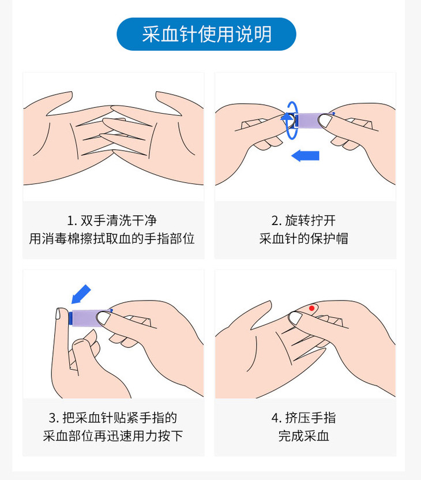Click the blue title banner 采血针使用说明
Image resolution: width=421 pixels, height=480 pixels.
click(x=206, y=34)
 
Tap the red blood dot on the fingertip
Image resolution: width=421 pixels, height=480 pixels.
click(x=311, y=308)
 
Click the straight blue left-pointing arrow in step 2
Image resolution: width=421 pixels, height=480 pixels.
click(x=305, y=156)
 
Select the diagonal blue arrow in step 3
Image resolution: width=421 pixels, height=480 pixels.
click(x=81, y=294)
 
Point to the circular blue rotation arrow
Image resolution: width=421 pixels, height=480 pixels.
click(x=292, y=121)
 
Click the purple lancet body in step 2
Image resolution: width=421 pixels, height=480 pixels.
click(x=309, y=121)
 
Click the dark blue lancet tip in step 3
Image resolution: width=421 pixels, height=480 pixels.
click(x=71, y=318)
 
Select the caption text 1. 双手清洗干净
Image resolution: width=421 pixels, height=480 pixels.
click(x=112, y=220)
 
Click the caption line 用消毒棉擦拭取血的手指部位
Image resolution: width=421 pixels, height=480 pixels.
click(x=112, y=238)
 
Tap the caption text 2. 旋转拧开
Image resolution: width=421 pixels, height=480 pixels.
click(x=303, y=220)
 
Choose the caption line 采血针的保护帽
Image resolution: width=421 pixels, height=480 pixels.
click(x=303, y=238)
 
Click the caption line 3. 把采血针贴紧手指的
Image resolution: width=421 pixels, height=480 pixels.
click(x=113, y=418)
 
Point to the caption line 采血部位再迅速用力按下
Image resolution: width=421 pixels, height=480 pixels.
click(x=113, y=436)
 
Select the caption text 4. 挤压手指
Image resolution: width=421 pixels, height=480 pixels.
click(x=303, y=418)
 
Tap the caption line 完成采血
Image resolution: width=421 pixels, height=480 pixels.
click(x=303, y=436)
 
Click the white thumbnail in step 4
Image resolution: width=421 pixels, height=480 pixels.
click(x=295, y=318)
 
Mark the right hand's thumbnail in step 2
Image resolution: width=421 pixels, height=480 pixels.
click(x=325, y=121)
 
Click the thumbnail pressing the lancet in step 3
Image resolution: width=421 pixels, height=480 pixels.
click(x=104, y=318)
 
